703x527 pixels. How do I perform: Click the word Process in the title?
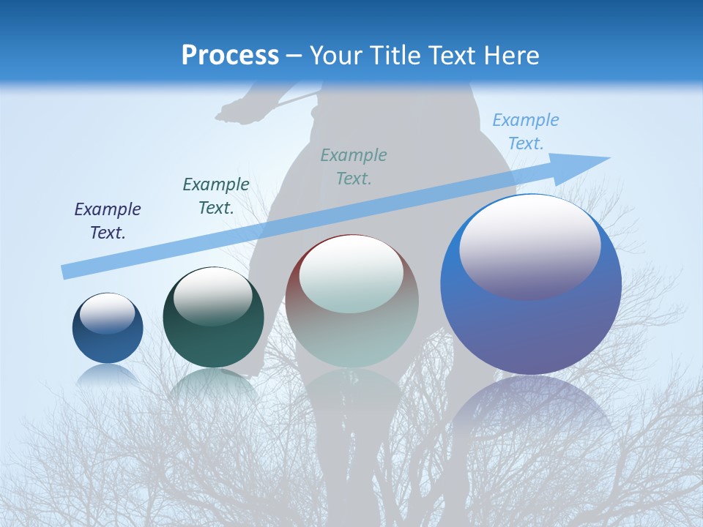[x=230, y=56]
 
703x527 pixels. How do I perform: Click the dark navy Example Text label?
[x=108, y=221]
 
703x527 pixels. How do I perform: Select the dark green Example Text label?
[x=216, y=196]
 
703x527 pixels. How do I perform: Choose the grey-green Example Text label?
[x=354, y=166]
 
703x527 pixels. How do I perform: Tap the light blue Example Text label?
[x=526, y=132]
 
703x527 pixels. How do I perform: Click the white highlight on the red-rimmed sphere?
[x=351, y=273]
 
